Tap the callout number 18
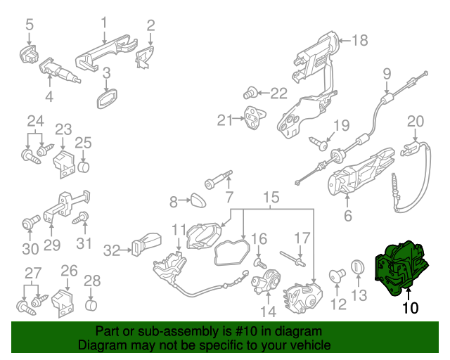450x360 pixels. tap(359, 41)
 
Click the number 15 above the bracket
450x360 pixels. tap(271, 198)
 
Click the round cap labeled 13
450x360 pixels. tap(358, 268)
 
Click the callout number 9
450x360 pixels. tap(386, 73)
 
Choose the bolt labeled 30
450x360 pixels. tap(29, 224)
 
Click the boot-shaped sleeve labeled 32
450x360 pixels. tap(146, 246)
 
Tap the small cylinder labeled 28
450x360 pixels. tap(91, 304)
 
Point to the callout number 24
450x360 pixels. tap(35, 121)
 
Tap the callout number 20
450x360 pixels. tap(416, 120)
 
